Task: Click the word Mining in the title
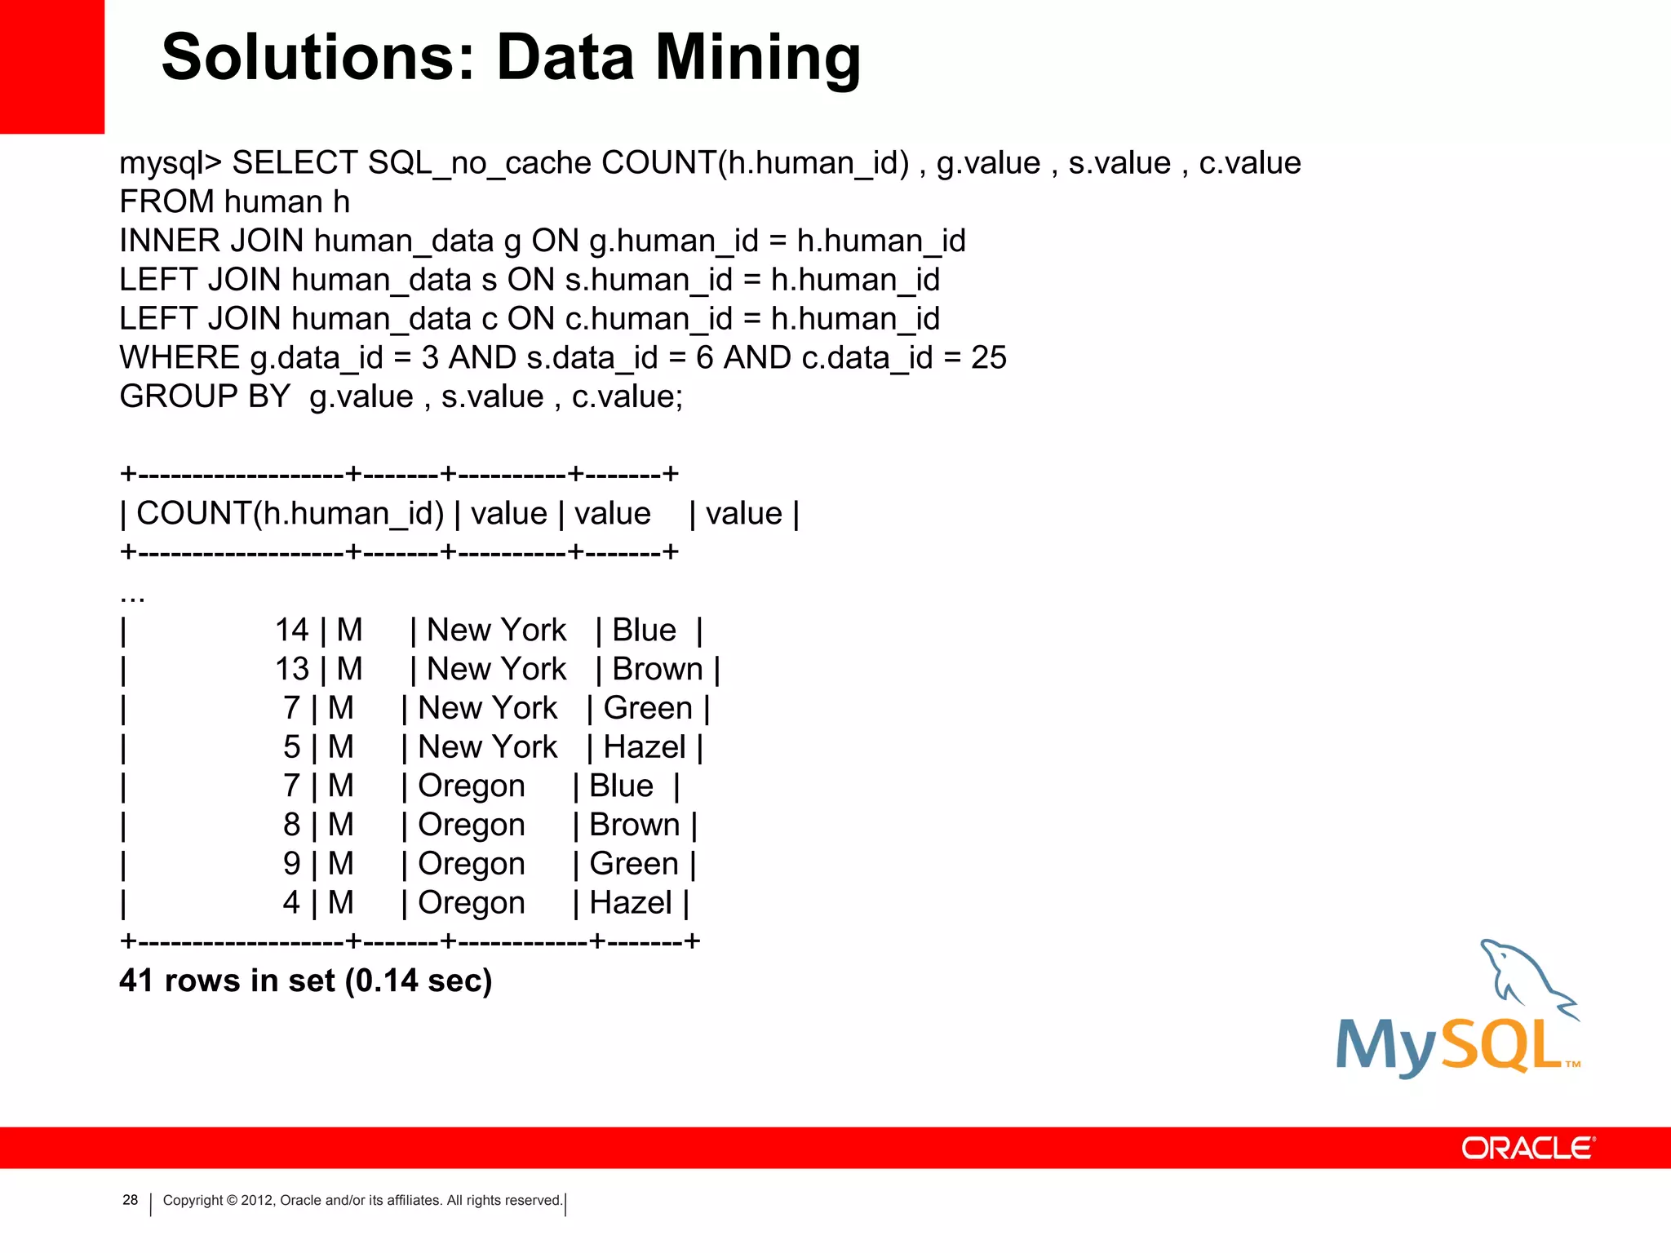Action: point(758,59)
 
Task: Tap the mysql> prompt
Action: point(171,164)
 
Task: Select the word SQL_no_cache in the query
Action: point(479,164)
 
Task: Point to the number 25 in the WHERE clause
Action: point(988,358)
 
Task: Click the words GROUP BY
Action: point(205,397)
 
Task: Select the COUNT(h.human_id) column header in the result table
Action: point(290,514)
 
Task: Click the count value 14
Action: point(292,631)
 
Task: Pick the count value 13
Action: point(292,670)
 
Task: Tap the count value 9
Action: point(292,864)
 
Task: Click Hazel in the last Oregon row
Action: point(630,903)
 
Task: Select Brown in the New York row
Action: point(657,670)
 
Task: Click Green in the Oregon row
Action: point(634,864)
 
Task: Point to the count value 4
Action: point(292,903)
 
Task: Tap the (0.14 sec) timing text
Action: point(419,981)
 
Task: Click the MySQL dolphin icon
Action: point(1526,979)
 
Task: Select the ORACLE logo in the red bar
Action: point(1527,1149)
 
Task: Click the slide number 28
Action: point(130,1200)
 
